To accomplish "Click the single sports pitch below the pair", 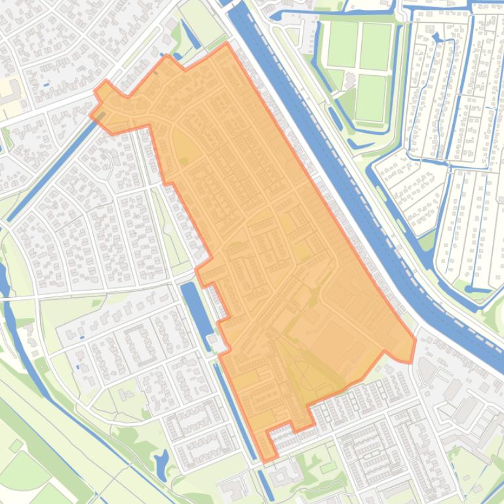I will point(371,98).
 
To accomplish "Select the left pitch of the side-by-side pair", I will point(342,45).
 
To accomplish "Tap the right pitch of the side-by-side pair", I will point(375,46).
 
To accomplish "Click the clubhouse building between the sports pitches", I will point(349,81).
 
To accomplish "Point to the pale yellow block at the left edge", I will point(9,89).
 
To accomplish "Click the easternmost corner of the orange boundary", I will point(415,340).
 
